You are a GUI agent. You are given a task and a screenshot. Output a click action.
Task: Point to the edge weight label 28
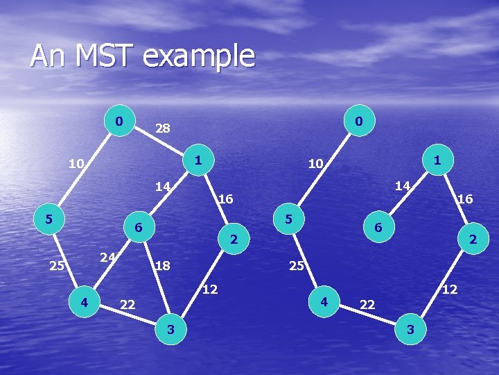pyautogui.click(x=163, y=128)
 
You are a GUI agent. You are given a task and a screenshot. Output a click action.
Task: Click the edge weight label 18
pyautogui.click(x=163, y=265)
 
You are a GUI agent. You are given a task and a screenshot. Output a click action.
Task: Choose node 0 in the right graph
pyautogui.click(x=357, y=122)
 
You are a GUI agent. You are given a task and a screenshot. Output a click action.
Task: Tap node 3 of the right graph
pyautogui.click(x=410, y=330)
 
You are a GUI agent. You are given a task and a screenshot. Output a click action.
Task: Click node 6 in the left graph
pyautogui.click(x=139, y=228)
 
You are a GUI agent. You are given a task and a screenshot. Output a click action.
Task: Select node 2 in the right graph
pyautogui.click(x=473, y=240)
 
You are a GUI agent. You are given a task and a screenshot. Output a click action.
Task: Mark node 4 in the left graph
pyautogui.click(x=84, y=301)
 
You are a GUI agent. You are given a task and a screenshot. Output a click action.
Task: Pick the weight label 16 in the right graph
pyautogui.click(x=465, y=199)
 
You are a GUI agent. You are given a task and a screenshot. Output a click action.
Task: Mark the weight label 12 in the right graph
pyautogui.click(x=450, y=288)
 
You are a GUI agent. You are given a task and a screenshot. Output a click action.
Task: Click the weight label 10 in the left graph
pyautogui.click(x=76, y=165)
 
